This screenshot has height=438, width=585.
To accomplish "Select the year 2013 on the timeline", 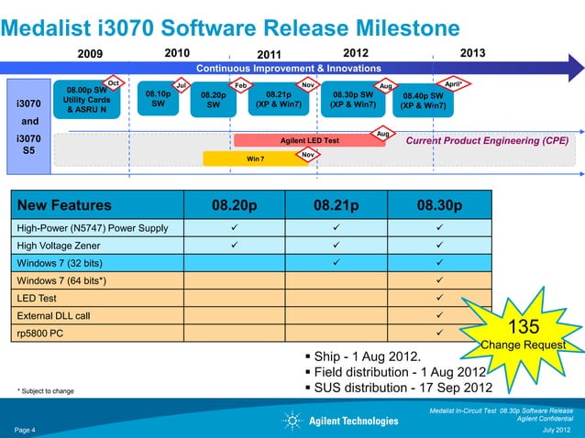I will pos(472,52).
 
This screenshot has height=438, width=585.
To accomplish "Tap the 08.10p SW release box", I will pos(158,99).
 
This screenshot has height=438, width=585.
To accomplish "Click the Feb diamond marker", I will pos(241,85).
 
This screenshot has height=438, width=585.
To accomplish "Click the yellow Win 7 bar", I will pos(255,158).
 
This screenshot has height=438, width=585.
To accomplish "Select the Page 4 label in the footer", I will pos(25,429).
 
